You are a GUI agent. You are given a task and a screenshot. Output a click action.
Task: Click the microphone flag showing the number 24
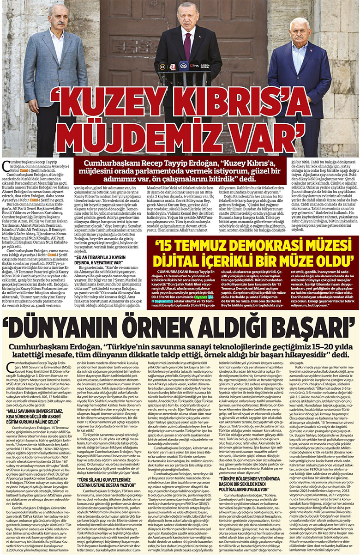[x=162, y=66]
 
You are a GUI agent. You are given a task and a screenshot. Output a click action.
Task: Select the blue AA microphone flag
[x=183, y=66]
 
